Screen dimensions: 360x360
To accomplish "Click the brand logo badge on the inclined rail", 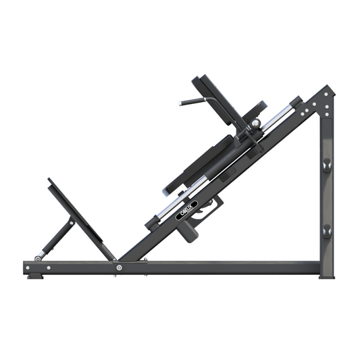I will click(x=186, y=210).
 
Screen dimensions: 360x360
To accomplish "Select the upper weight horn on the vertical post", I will click(x=327, y=165).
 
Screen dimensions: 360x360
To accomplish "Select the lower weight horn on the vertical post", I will click(x=327, y=230).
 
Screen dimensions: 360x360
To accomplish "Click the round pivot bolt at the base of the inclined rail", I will click(x=119, y=267).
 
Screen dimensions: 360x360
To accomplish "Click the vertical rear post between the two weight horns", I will click(x=327, y=197).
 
